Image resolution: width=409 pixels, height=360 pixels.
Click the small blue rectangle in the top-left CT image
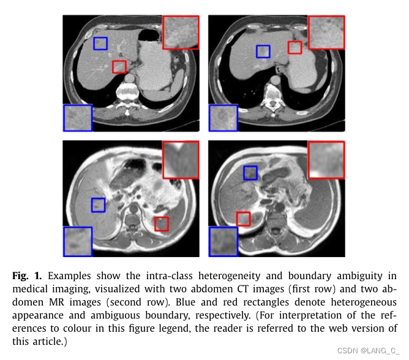tap(100, 43)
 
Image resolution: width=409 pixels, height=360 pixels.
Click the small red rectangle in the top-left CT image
tap(119, 66)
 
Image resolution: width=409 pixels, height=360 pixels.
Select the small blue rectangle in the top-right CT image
tap(263, 51)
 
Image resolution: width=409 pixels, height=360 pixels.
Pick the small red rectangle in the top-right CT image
tap(295, 47)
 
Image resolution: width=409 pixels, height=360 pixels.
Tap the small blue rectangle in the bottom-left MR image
tap(98, 204)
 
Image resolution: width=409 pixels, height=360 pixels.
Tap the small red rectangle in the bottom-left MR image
tap(161, 224)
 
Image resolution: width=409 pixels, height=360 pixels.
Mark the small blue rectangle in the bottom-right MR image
tap(250, 173)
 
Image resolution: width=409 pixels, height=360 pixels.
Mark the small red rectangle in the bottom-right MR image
tap(244, 219)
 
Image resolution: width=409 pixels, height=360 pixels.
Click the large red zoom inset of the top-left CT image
tap(181, 32)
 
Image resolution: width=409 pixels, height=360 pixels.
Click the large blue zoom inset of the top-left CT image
tap(78, 118)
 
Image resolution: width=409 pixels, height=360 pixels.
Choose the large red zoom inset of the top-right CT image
tap(326, 32)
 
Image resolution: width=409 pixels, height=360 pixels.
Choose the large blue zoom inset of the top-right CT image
tap(223, 118)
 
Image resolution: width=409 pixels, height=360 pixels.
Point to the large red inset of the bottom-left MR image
tap(181, 159)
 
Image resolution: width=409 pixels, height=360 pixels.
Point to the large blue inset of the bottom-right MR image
tap(223, 241)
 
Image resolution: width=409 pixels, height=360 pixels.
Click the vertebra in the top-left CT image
tap(130, 92)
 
